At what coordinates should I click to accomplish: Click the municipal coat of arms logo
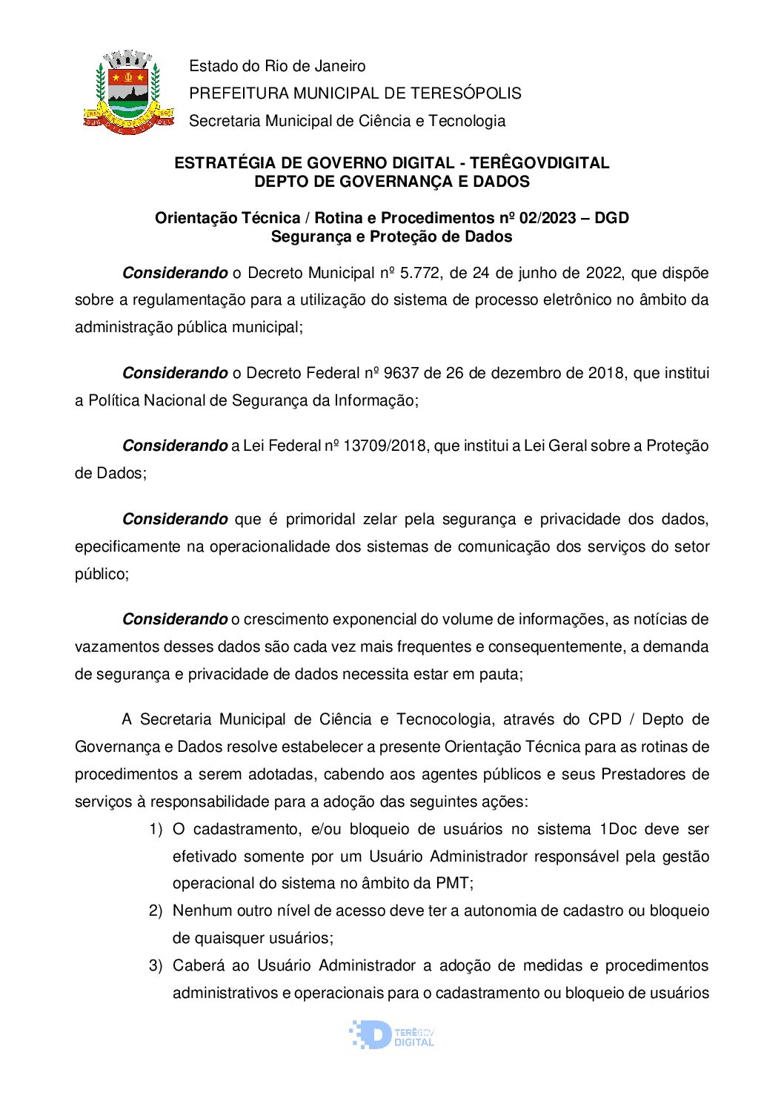click(127, 91)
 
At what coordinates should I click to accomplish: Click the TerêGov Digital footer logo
click(391, 1034)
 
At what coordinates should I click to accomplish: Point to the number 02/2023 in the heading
click(548, 218)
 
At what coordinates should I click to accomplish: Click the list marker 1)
click(156, 829)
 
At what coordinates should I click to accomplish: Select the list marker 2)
click(156, 911)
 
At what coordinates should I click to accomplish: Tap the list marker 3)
click(156, 965)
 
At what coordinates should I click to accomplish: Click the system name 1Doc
click(617, 829)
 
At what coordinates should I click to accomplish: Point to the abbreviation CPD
click(605, 719)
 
